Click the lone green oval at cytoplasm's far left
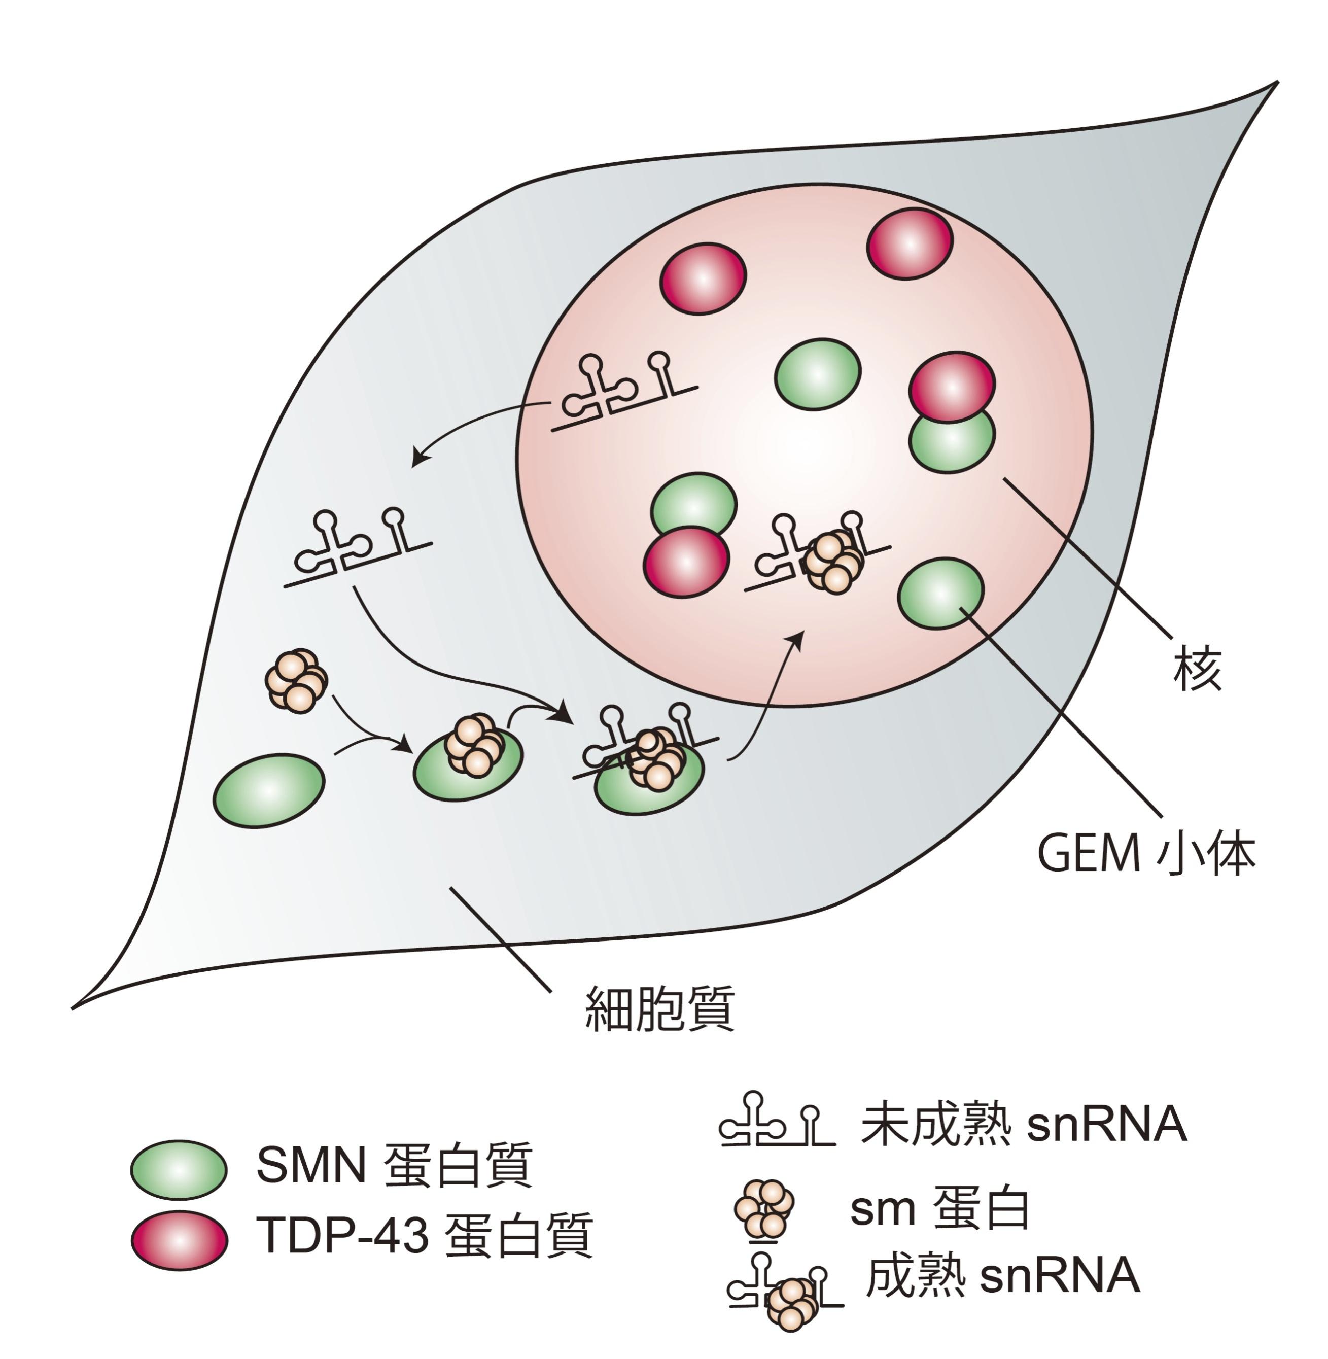point(268,790)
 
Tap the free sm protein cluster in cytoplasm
point(296,680)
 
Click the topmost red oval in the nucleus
point(910,243)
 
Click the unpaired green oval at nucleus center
point(818,374)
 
